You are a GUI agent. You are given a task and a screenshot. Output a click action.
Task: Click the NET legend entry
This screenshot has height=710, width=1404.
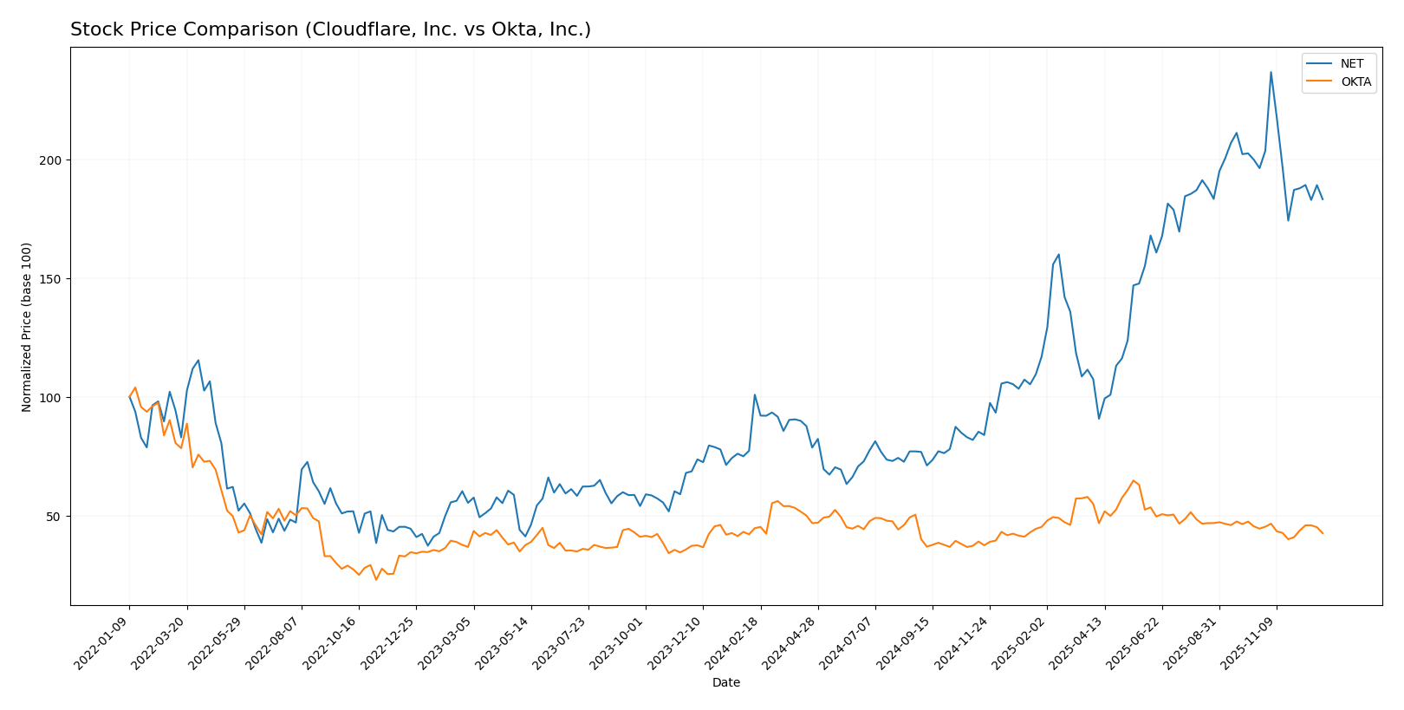1351,64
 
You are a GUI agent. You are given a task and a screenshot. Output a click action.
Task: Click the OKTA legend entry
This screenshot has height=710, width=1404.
1355,82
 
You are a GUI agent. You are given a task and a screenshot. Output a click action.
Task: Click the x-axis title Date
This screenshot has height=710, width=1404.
725,683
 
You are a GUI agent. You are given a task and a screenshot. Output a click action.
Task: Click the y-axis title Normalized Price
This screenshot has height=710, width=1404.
27,327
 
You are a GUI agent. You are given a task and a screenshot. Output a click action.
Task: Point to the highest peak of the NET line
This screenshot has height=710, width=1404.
1271,72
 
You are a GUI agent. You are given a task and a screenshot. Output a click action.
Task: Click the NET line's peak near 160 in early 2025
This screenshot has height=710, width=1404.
1058,254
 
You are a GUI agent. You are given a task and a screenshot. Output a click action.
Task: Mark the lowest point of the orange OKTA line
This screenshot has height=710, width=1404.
376,579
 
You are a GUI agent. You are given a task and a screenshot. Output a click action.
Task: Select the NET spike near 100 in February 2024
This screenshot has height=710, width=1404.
755,395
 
